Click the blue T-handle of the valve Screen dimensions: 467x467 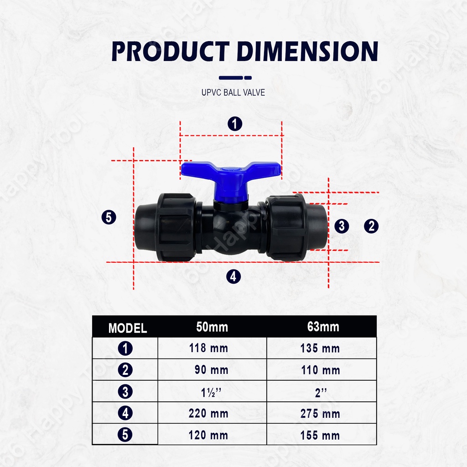[x=231, y=176]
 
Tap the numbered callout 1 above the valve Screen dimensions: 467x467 [x=235, y=124]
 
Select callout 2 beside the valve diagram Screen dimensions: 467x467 [x=371, y=226]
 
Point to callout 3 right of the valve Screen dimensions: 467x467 [x=342, y=226]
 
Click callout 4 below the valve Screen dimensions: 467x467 [x=233, y=276]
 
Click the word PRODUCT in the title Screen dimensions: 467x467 [x=171, y=51]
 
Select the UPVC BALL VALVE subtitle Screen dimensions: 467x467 [x=233, y=92]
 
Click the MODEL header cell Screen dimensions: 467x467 [x=128, y=328]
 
